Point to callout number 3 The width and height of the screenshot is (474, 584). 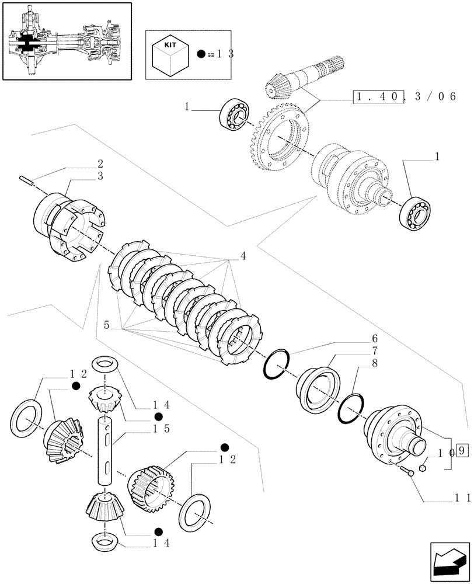(100, 176)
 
